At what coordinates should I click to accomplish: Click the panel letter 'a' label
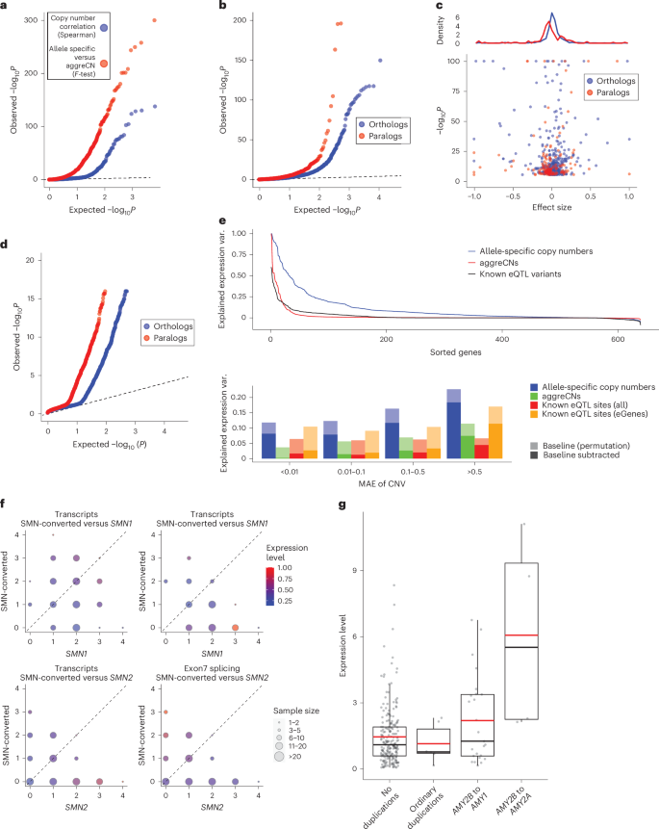[7, 8]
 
